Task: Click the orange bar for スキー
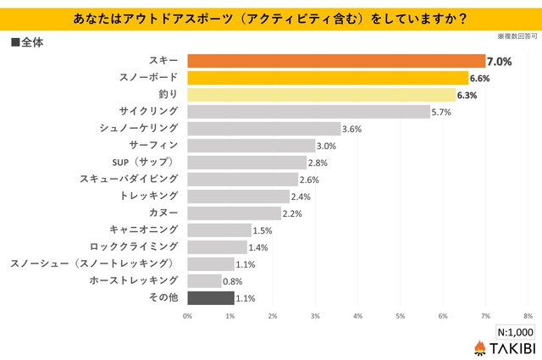[335, 61]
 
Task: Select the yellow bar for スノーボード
[327, 78]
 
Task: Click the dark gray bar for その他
[210, 297]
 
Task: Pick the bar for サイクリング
[308, 112]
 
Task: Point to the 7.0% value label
[498, 61]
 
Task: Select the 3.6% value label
[352, 129]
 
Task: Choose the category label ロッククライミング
[135, 246]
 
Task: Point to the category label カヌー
[163, 213]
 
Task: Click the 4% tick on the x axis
[357, 316]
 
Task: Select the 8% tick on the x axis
[528, 316]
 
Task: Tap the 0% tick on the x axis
[187, 316]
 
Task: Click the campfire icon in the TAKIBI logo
[478, 348]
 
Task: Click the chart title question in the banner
[271, 17]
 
